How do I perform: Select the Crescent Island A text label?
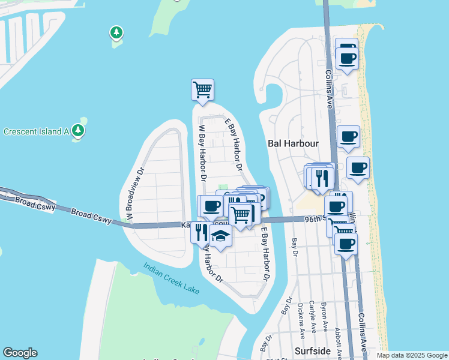37,131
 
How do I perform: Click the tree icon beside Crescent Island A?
77,130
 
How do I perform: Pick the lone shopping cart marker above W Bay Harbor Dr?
202,90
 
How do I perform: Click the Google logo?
20,353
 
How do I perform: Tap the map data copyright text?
411,355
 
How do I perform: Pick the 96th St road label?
316,219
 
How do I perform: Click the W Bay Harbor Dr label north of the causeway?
202,153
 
